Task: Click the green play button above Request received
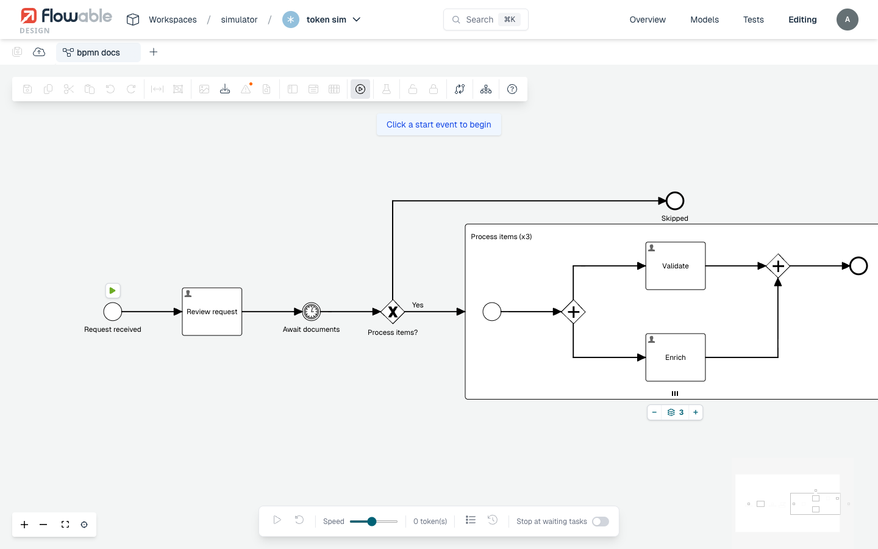click(x=112, y=290)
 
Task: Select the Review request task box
click(x=212, y=312)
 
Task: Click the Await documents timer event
click(x=311, y=312)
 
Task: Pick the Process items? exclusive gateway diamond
click(x=393, y=312)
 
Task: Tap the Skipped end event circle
click(x=674, y=201)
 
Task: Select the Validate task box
click(x=676, y=266)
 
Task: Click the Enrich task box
click(x=676, y=357)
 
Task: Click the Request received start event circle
click(x=112, y=312)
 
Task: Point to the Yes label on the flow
click(x=418, y=305)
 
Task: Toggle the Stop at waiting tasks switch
click(x=600, y=521)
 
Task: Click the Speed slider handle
click(x=371, y=521)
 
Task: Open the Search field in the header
click(x=485, y=20)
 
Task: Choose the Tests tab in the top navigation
click(x=754, y=20)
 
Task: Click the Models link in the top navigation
click(x=704, y=20)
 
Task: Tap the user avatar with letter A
click(x=847, y=20)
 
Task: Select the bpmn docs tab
click(x=98, y=52)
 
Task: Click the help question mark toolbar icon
click(x=512, y=90)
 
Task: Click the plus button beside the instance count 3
click(x=695, y=412)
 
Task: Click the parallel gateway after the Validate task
click(x=777, y=266)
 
